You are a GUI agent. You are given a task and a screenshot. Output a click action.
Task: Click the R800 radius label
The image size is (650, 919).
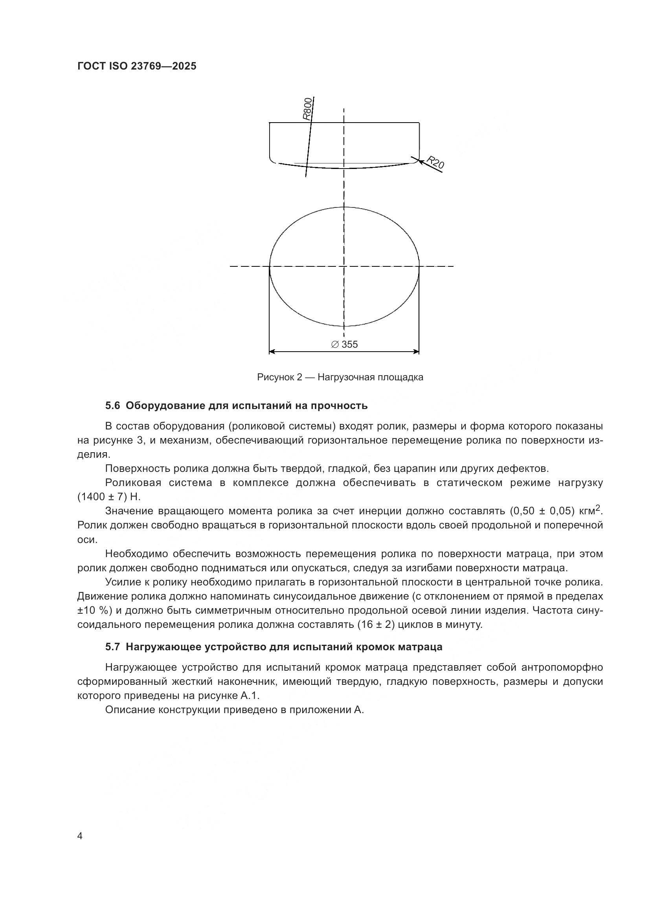tap(307, 109)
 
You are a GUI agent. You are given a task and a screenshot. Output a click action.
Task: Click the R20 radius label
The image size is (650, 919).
tap(435, 162)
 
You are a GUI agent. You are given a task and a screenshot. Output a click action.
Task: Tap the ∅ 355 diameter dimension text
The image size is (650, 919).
tap(345, 344)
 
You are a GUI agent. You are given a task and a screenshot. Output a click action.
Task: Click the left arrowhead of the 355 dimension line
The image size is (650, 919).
tap(272, 352)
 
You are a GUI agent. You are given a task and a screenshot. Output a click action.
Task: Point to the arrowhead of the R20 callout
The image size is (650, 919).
tap(419, 161)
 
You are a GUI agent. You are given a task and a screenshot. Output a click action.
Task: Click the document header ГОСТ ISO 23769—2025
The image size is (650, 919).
tap(137, 66)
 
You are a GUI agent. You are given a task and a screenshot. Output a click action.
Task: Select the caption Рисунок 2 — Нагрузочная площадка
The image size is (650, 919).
tap(340, 377)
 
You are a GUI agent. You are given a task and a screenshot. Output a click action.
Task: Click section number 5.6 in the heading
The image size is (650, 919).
tap(112, 406)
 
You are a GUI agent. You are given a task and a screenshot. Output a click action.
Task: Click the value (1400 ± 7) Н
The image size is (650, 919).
tap(109, 497)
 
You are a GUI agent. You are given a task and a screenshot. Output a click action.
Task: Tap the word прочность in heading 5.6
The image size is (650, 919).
tap(342, 406)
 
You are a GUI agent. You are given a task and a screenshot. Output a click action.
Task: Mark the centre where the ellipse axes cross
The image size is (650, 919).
tap(344, 266)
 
